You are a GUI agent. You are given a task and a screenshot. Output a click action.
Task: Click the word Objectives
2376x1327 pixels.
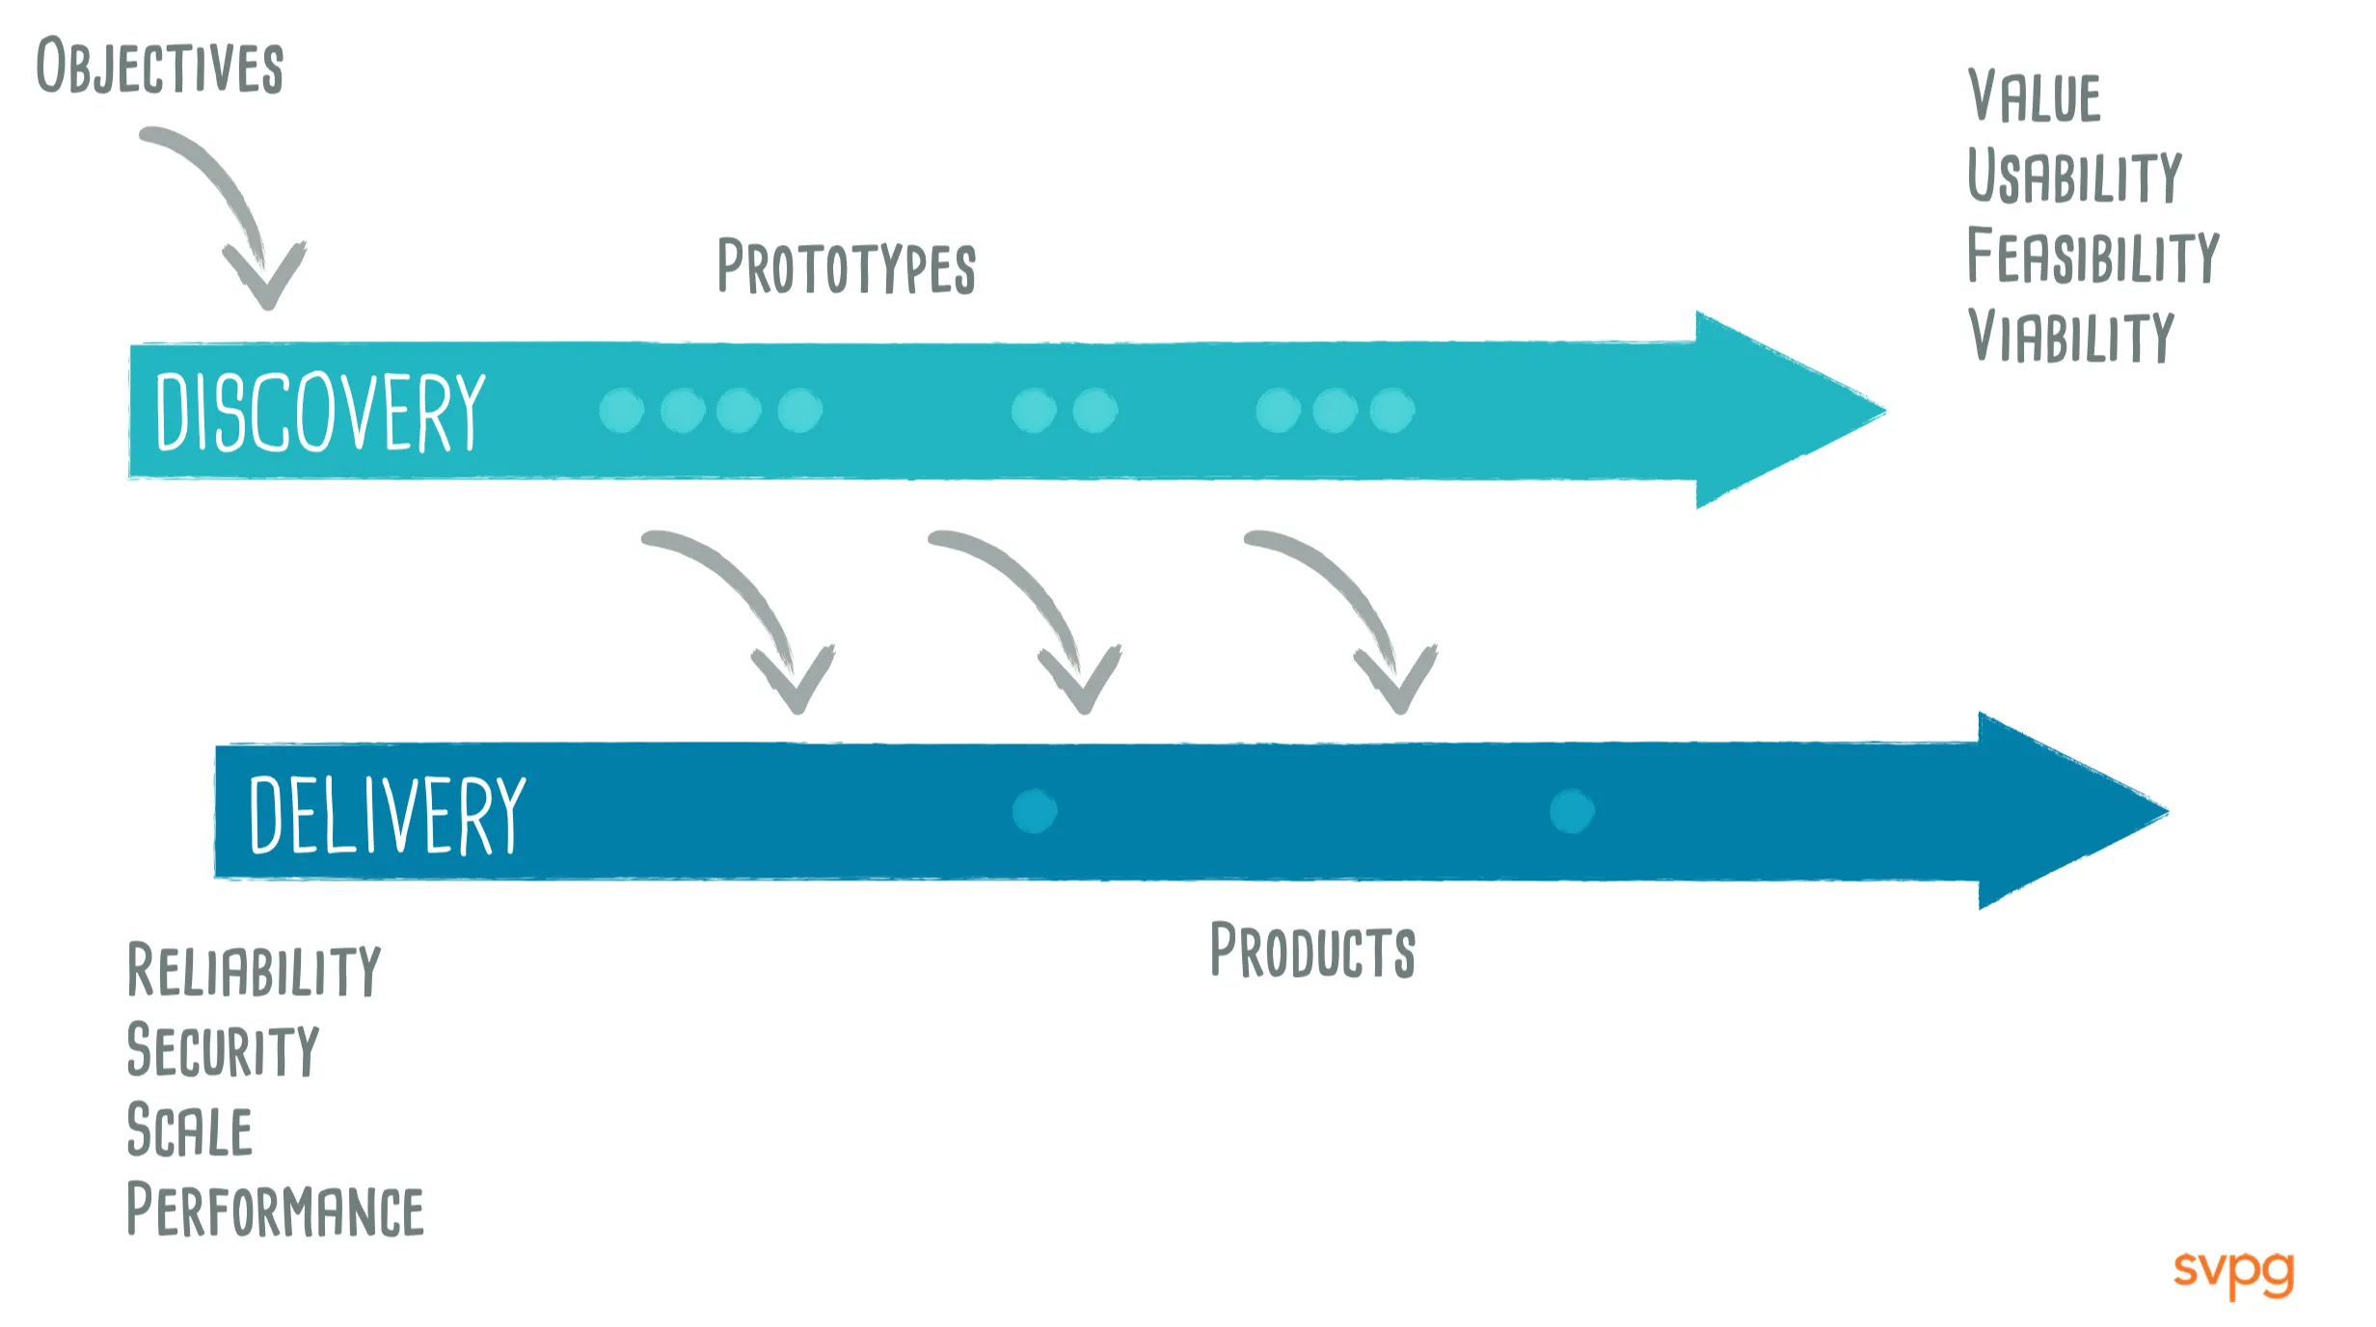pyautogui.click(x=160, y=68)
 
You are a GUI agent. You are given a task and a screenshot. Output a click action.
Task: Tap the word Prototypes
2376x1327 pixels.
pyautogui.click(x=847, y=267)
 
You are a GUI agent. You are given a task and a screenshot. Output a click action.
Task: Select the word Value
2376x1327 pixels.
pyautogui.click(x=2034, y=96)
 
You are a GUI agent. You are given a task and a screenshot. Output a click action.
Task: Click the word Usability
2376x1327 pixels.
pyautogui.click(x=2074, y=176)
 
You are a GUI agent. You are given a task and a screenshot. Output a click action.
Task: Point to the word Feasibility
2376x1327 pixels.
pyautogui.click(x=2092, y=257)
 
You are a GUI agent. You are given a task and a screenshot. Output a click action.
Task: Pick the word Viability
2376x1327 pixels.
pyautogui.click(x=2071, y=337)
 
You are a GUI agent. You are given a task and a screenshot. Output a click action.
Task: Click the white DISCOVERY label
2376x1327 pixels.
pyautogui.click(x=320, y=413)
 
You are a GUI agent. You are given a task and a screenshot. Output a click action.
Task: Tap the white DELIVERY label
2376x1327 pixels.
pyautogui.click(x=387, y=815)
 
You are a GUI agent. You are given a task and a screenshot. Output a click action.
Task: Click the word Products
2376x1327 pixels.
pyautogui.click(x=1312, y=951)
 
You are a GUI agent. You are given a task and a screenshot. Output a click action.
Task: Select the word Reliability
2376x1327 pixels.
pyautogui.click(x=255, y=970)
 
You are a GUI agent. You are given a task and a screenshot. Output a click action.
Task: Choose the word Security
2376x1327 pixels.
pyautogui.click(x=223, y=1050)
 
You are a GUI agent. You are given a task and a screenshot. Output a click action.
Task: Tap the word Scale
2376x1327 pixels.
pyautogui.click(x=190, y=1130)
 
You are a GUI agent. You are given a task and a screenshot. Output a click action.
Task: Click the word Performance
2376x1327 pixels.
pyautogui.click(x=276, y=1210)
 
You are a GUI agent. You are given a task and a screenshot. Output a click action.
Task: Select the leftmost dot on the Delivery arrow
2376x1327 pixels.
pyautogui.click(x=1035, y=811)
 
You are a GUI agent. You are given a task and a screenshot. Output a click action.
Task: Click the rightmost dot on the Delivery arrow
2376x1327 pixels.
pyautogui.click(x=1572, y=811)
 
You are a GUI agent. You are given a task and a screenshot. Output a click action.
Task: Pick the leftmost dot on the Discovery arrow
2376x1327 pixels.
pyautogui.click(x=621, y=411)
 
